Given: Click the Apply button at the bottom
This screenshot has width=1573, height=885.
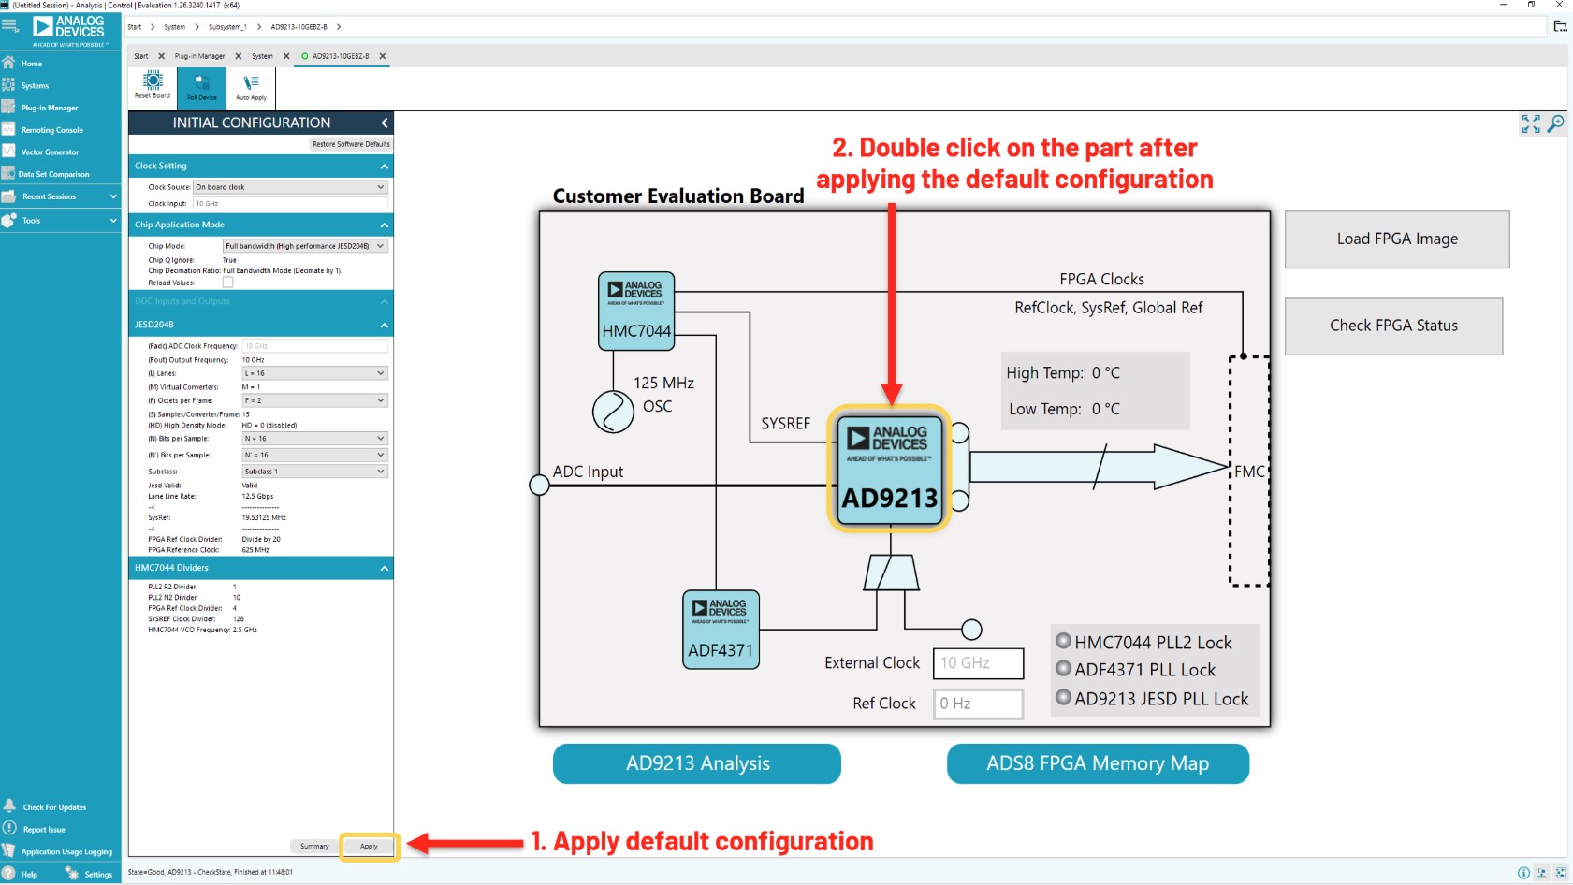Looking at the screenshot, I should click(370, 847).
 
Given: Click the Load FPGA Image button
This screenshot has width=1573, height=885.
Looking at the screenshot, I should click(1396, 239).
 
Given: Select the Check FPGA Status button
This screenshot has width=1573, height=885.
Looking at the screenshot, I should click(1393, 326).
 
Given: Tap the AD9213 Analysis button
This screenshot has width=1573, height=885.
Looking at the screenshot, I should click(697, 763).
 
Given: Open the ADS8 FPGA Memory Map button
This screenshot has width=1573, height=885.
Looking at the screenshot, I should click(1098, 763).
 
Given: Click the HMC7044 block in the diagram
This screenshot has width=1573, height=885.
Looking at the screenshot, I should click(636, 312).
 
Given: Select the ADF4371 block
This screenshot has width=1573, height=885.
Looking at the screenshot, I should click(721, 630).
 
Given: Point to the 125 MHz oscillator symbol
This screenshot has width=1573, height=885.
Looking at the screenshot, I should click(613, 412).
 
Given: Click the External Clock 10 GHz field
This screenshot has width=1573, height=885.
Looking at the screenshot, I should click(978, 663).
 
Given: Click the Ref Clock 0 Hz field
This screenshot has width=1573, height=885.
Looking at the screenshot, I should click(978, 704).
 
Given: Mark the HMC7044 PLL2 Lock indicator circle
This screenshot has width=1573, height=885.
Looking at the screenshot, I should click(1063, 641).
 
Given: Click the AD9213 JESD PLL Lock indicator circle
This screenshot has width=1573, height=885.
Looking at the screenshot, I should click(1063, 697).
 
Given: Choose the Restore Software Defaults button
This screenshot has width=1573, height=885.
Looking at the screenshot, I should click(351, 144).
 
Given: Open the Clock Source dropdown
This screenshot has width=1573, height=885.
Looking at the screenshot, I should click(290, 187).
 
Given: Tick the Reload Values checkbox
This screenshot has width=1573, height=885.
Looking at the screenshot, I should click(227, 283).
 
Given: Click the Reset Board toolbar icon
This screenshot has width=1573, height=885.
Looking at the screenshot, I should click(153, 85).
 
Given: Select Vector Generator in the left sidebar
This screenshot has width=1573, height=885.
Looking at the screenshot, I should click(50, 152).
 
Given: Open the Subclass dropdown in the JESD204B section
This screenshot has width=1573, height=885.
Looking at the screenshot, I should click(314, 472).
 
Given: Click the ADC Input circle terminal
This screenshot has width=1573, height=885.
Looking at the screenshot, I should click(539, 485).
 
